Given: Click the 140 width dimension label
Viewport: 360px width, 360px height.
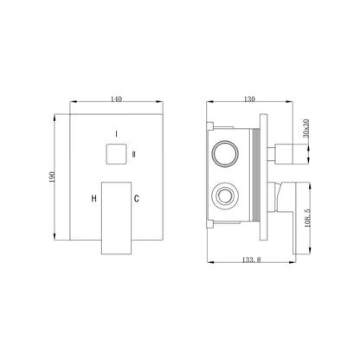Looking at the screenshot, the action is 116,99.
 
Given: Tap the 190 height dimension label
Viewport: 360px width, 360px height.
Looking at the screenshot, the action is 52,177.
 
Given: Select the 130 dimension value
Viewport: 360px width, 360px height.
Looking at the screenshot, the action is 249,99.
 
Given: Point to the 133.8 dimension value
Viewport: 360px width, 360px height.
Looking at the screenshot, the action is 252,260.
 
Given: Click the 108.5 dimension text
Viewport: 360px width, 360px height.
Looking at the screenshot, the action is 307,218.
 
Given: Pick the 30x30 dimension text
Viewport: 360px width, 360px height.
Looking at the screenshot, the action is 306,128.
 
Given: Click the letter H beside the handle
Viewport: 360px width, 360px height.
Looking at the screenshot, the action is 93,198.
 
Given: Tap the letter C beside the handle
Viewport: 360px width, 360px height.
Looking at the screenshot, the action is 137,198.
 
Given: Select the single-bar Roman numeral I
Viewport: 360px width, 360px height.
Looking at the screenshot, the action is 116,134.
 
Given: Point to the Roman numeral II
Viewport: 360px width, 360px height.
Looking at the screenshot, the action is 134,154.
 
